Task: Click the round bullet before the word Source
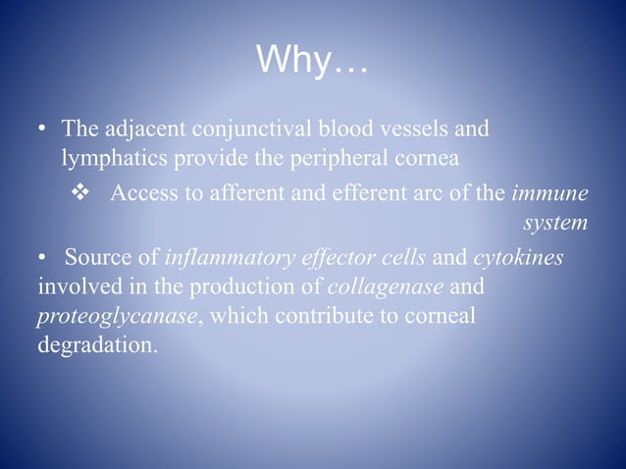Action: (43, 258)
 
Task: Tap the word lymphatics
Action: (105, 157)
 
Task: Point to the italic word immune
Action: (549, 192)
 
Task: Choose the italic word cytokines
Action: (518, 258)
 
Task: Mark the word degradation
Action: (93, 346)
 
